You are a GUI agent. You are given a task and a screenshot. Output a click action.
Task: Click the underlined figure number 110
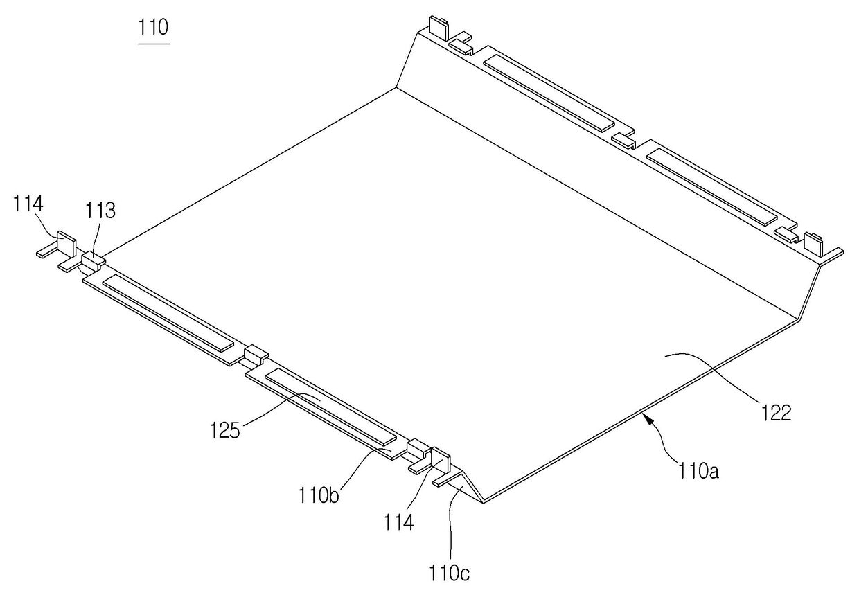click(x=153, y=28)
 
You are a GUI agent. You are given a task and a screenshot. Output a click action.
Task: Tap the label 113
click(x=100, y=211)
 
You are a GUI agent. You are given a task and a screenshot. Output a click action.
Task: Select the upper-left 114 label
click(x=28, y=203)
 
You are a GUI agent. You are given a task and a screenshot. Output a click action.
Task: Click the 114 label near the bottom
click(x=399, y=522)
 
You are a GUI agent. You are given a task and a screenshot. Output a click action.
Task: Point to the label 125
click(x=224, y=430)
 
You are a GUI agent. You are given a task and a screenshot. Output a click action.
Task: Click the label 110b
click(x=319, y=496)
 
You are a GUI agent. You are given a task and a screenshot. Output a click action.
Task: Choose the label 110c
click(x=449, y=573)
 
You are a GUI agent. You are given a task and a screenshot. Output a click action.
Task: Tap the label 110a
click(x=699, y=471)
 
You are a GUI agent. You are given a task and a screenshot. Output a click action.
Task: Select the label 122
click(x=776, y=413)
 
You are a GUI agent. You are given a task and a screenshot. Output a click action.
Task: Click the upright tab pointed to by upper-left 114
click(x=67, y=244)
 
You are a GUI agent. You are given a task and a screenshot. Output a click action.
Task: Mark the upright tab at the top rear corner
click(x=439, y=28)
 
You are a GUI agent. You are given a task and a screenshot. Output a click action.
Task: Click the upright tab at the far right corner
click(x=813, y=245)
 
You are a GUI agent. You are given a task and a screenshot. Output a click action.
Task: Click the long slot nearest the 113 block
click(x=168, y=313)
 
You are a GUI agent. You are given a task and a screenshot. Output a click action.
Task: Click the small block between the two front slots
click(x=256, y=355)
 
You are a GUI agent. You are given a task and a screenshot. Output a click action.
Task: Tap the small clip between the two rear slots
click(x=623, y=141)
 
